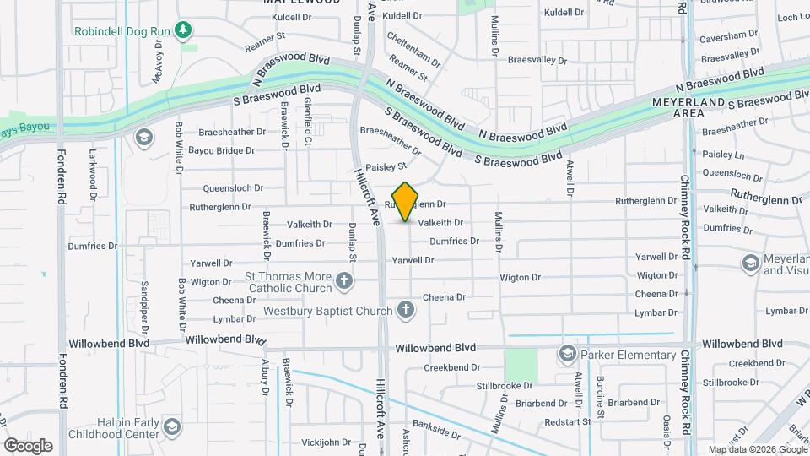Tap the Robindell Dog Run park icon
tap(182, 31)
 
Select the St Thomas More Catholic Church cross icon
tap(344, 280)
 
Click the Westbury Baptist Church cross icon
tap(406, 310)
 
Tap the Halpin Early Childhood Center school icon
tap(172, 426)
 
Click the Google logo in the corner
tap(27, 445)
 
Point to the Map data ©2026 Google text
tap(757, 449)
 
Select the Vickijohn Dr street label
tap(326, 442)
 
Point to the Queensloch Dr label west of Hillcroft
tap(235, 189)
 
